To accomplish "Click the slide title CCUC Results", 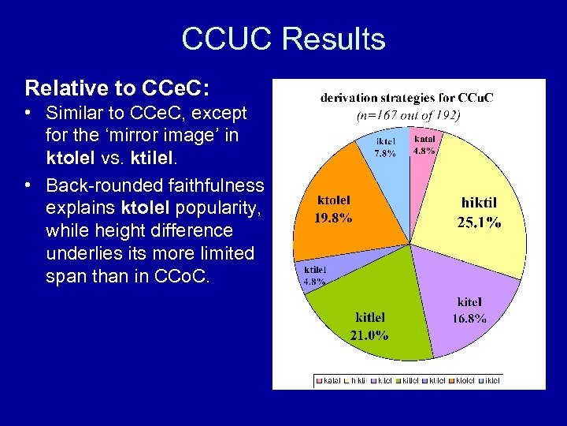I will tap(283, 39).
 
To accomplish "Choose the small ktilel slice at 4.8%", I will tap(316, 272).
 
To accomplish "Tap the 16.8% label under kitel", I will tap(469, 319).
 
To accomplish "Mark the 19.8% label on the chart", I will tap(333, 217).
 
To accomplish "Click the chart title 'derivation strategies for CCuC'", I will tap(407, 98).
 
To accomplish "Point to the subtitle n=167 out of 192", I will tap(408, 114).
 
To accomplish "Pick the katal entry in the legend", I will tap(332, 381).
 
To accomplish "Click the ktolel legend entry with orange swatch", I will tap(460, 381).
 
